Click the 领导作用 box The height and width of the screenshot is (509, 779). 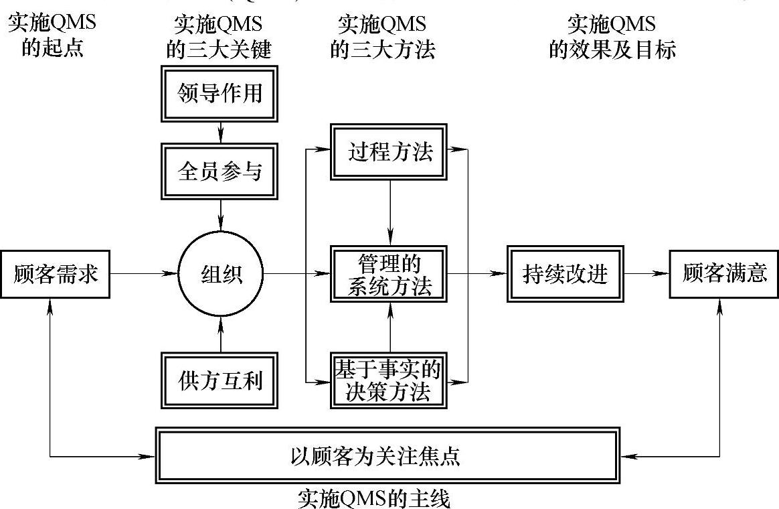coord(220,93)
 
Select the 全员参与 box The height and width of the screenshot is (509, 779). coord(220,171)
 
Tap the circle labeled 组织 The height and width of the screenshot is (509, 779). coord(220,274)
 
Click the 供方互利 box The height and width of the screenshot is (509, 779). coord(220,380)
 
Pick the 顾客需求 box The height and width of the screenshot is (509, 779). coord(55,274)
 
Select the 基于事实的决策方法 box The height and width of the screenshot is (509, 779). coord(389,380)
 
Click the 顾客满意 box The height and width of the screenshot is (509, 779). coord(724,274)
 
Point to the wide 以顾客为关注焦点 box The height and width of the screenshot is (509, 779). coord(387,456)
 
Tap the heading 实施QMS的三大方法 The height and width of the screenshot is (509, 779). coord(382,37)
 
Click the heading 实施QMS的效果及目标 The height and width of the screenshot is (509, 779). coord(611,37)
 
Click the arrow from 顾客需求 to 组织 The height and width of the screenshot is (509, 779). coord(143,274)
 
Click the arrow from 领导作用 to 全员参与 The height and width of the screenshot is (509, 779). coord(220,133)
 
